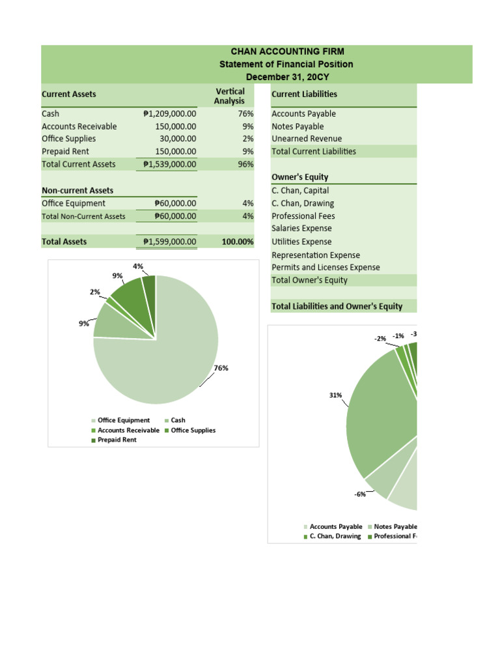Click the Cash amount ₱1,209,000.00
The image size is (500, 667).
pos(169,113)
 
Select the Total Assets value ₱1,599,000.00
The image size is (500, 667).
pos(169,242)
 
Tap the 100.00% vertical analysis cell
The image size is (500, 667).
pos(238,242)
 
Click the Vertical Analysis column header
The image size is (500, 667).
pos(230,96)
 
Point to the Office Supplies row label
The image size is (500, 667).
pos(68,139)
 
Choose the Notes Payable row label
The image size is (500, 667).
pos(297,126)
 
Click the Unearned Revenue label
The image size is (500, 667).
pos(306,139)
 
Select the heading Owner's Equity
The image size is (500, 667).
pos(299,177)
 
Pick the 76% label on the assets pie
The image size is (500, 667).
pos(221,367)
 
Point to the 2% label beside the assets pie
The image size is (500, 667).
pos(95,292)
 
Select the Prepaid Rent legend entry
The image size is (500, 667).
pos(117,440)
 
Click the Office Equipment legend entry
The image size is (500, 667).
pos(124,420)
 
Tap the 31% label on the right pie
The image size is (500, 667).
pos(336,395)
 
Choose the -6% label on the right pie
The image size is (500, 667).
pos(360,494)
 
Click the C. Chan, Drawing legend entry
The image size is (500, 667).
pos(335,536)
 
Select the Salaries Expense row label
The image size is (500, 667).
pos(301,229)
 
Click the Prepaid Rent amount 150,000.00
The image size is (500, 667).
pos(176,151)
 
